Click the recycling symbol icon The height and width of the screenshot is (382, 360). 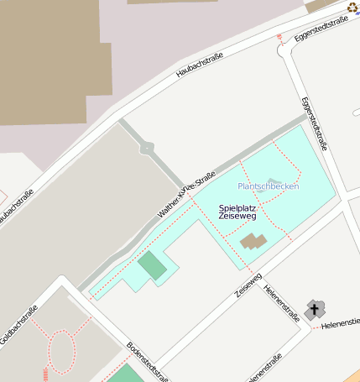352,8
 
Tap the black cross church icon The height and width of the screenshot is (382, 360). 315,310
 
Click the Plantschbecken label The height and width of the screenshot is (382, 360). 268,186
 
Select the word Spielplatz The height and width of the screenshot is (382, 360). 237,207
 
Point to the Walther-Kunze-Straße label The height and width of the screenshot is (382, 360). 186,192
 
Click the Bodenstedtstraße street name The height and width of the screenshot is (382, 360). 148,361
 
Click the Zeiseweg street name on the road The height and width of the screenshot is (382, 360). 249,286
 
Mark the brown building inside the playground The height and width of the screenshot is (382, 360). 253,242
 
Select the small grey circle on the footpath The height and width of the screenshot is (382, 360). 148,149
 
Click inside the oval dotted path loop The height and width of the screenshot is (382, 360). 62,351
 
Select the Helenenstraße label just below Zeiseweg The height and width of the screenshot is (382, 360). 282,303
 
